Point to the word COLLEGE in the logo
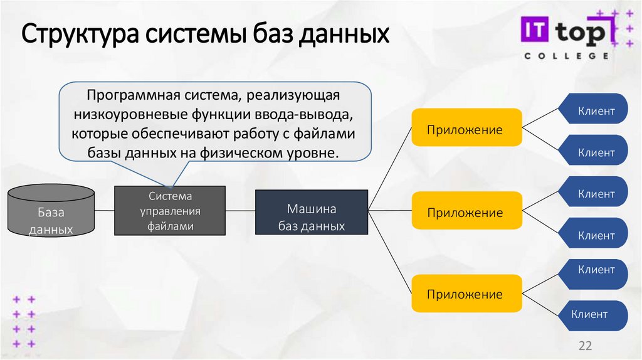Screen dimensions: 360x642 pos(566,56)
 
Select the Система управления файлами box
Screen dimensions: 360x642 pos(170,211)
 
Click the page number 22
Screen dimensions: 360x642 pos(585,346)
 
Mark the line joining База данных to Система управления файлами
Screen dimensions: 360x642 pos(105,211)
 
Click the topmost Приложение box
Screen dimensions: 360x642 pos(466,130)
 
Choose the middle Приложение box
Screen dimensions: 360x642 pos(466,213)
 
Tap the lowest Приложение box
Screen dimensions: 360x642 pos(466,294)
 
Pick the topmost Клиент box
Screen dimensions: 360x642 pos(596,112)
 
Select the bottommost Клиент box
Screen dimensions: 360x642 pos(590,314)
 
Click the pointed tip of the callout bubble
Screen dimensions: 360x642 pos(169,186)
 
